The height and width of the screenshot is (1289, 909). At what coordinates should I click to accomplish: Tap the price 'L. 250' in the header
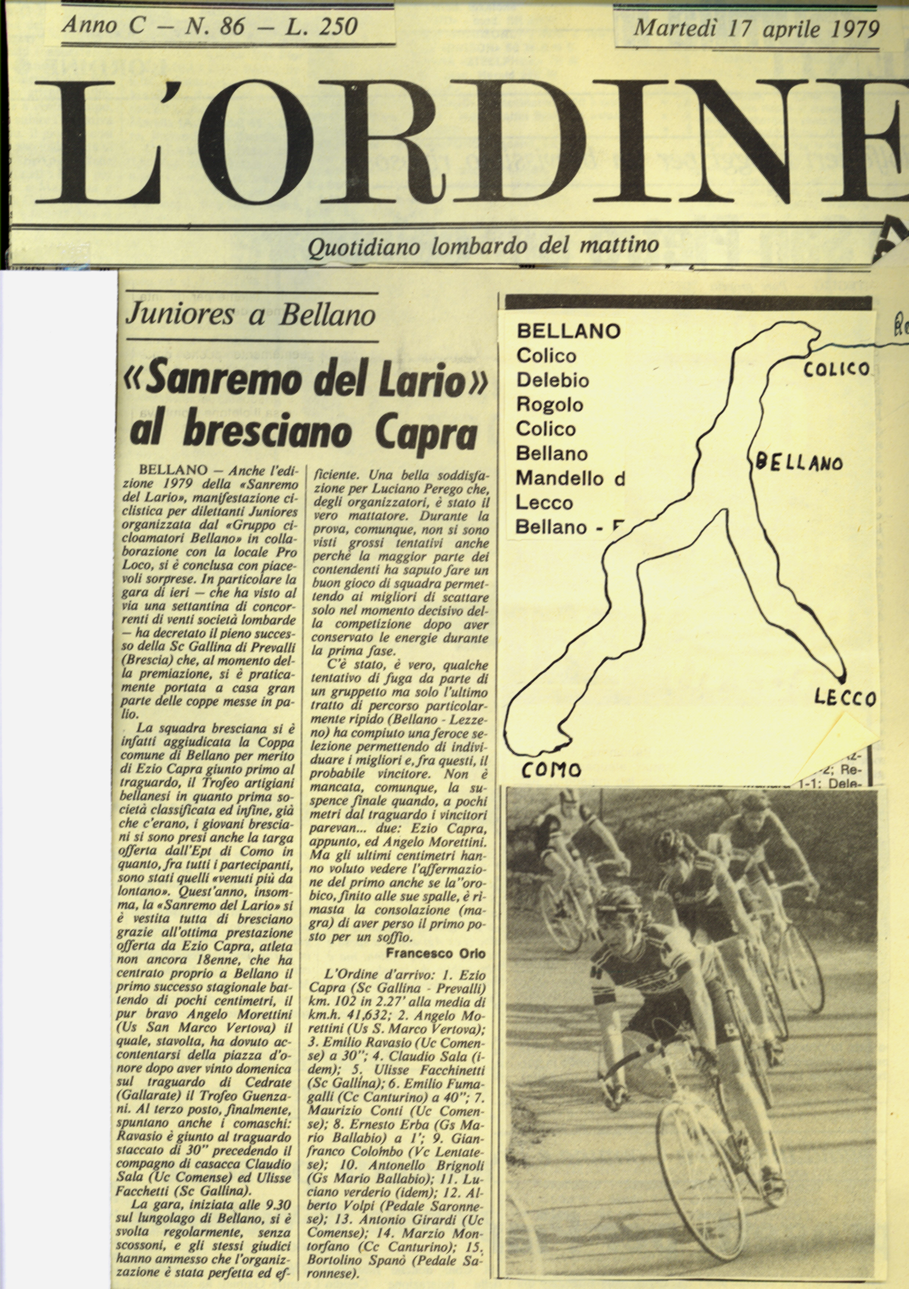click(x=321, y=26)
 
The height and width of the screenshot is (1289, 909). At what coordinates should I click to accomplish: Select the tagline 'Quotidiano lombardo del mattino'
click(x=484, y=246)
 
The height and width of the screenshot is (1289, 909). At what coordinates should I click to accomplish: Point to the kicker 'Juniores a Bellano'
click(x=251, y=315)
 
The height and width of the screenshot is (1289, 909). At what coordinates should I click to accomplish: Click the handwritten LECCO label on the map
click(x=844, y=698)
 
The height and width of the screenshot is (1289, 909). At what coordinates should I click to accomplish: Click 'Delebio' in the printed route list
click(x=553, y=381)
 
